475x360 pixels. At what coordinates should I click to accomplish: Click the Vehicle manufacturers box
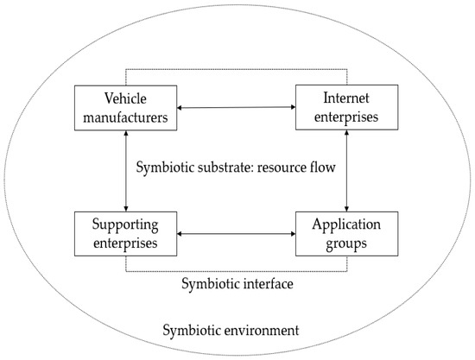point(127,108)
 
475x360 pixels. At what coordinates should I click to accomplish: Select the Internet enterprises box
point(347,108)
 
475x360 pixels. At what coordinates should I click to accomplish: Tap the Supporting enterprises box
point(127,233)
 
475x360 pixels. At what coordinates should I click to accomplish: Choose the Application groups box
point(347,233)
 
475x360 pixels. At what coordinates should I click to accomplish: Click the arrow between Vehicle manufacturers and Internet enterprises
point(237,108)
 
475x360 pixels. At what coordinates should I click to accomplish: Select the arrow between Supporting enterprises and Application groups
point(237,233)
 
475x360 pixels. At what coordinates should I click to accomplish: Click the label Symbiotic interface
point(237,284)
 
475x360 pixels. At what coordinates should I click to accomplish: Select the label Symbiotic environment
point(231,330)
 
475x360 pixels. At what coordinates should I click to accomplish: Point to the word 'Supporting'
point(127,224)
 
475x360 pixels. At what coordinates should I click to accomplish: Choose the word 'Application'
point(347,224)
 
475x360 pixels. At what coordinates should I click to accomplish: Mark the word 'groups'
point(347,243)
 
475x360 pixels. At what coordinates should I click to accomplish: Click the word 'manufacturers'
point(127,117)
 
